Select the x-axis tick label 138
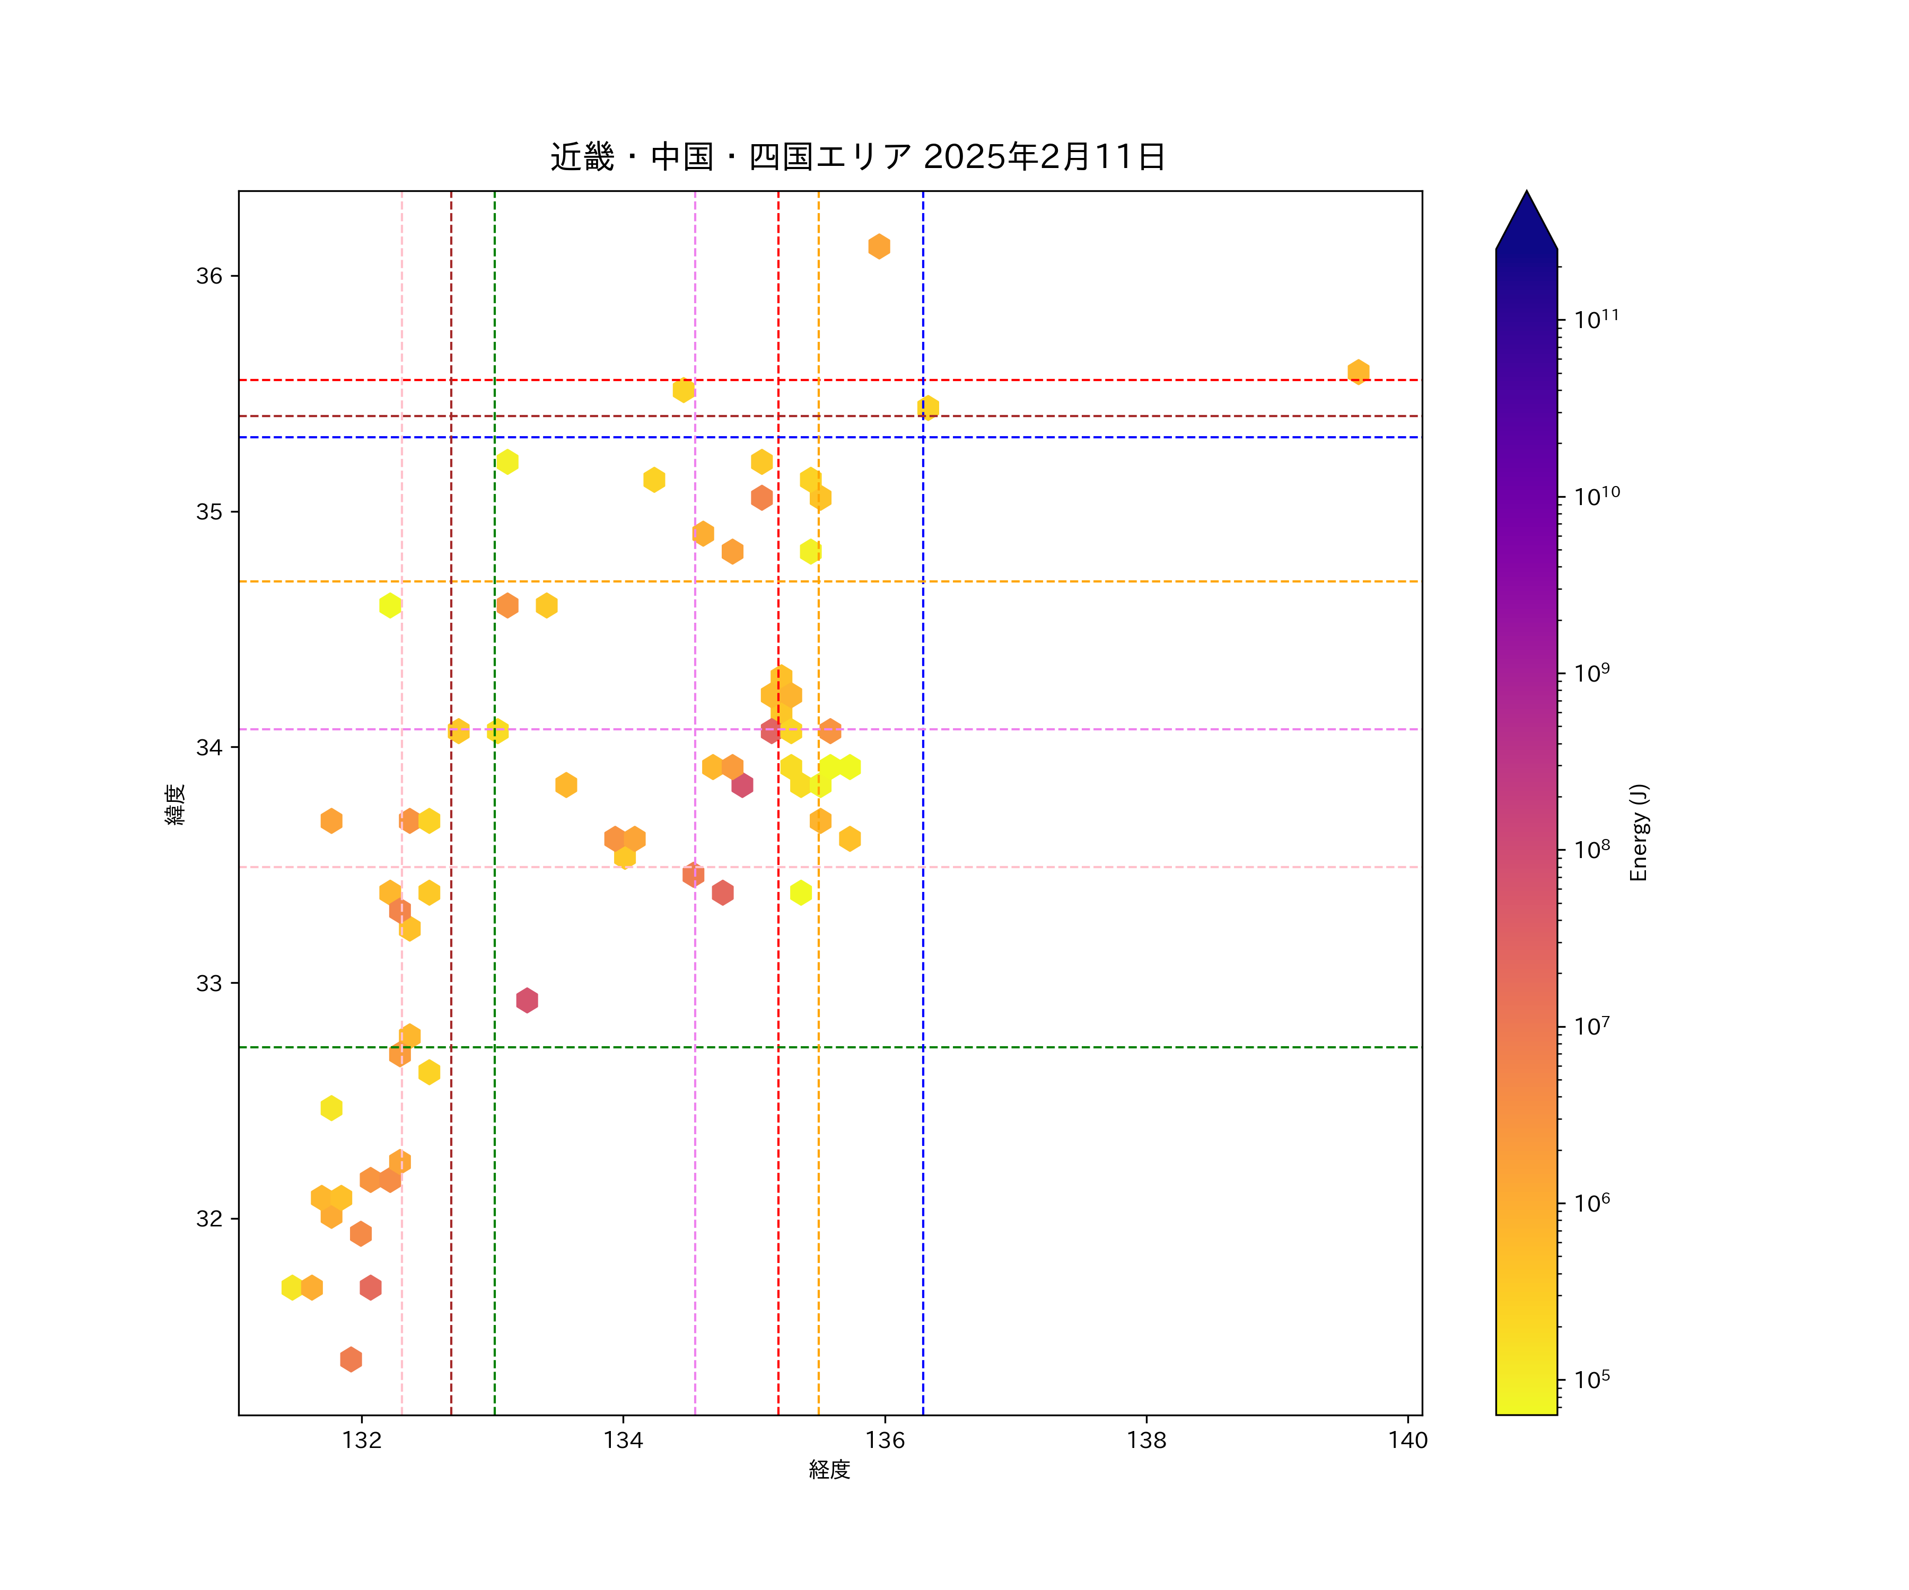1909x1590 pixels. point(1146,1440)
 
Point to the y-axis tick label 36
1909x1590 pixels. point(209,276)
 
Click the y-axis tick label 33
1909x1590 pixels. point(209,983)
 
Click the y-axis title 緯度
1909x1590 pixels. point(176,804)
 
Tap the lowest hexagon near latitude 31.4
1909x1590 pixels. point(351,1359)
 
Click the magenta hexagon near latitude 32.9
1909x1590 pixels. point(527,1000)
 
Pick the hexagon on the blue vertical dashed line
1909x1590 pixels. point(928,407)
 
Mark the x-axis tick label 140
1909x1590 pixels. point(1408,1440)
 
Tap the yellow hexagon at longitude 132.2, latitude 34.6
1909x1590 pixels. point(390,605)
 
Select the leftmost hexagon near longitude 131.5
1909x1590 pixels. point(292,1287)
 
